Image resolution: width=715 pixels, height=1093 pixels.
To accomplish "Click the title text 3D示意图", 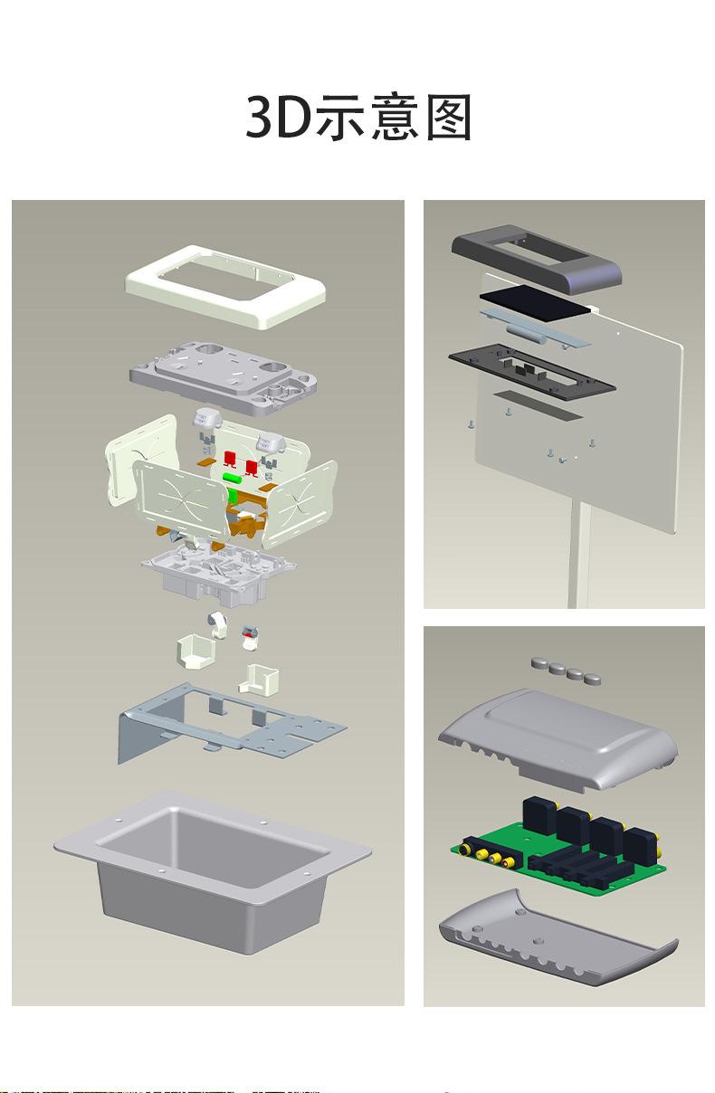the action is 357,117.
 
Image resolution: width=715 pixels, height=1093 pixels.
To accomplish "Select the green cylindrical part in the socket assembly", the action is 233,477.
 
